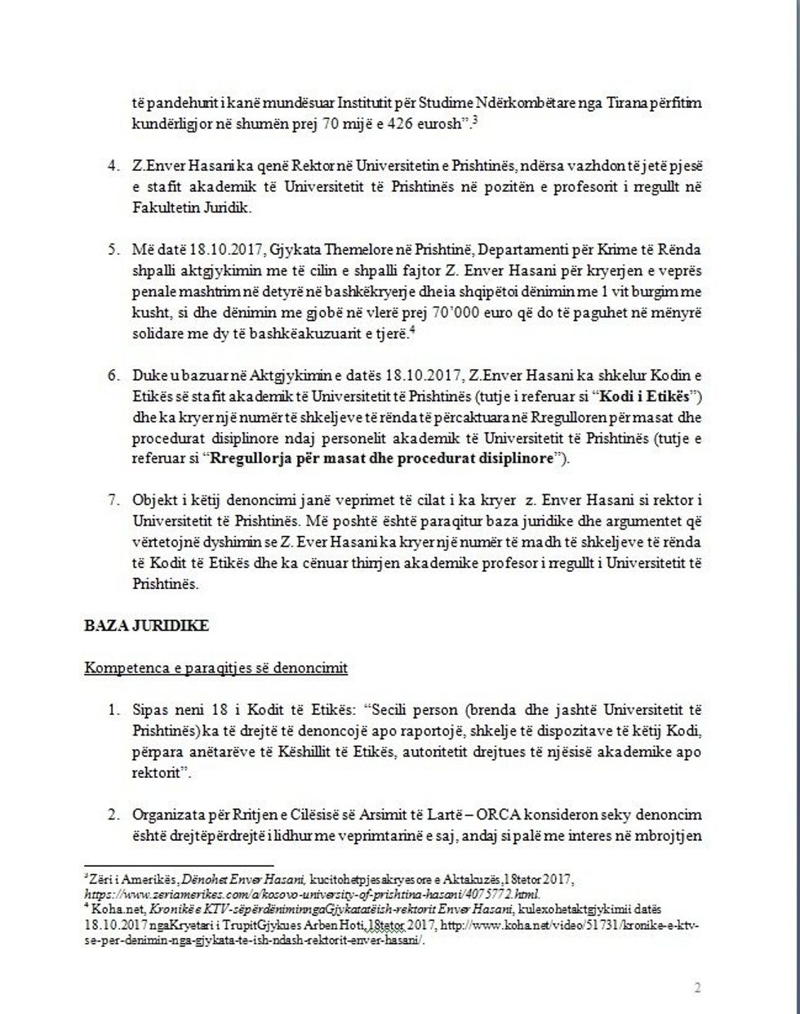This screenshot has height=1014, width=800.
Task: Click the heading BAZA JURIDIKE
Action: tap(146, 626)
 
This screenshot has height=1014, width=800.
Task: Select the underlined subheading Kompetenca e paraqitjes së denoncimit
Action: tap(216, 668)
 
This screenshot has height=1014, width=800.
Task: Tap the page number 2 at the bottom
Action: tap(697, 987)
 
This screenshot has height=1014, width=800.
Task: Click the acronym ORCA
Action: tap(519, 815)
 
